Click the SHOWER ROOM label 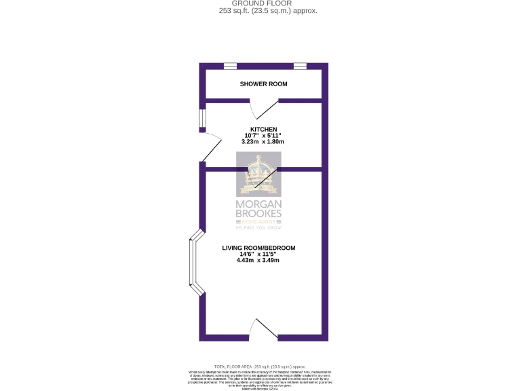coord(263,84)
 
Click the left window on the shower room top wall coord(231,66)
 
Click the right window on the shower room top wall coord(300,66)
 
